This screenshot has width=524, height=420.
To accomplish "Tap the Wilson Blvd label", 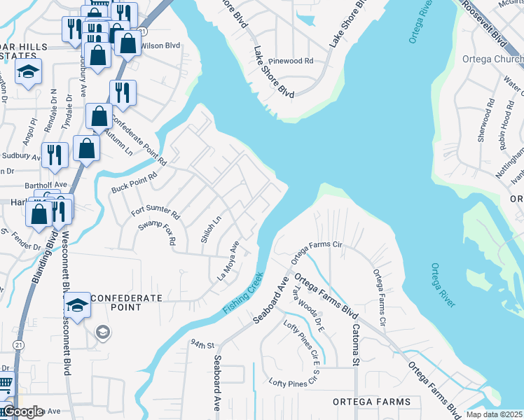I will (x=160, y=45).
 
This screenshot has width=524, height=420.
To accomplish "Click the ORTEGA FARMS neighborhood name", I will (x=371, y=401).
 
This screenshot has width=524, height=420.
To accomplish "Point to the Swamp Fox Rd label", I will (x=157, y=231).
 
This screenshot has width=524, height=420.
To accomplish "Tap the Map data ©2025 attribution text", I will (x=495, y=414).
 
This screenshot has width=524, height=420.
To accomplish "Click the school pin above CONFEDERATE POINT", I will (x=77, y=305).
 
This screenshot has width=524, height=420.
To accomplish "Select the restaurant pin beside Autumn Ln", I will (x=123, y=92).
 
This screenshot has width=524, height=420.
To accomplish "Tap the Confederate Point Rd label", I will (x=138, y=139).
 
